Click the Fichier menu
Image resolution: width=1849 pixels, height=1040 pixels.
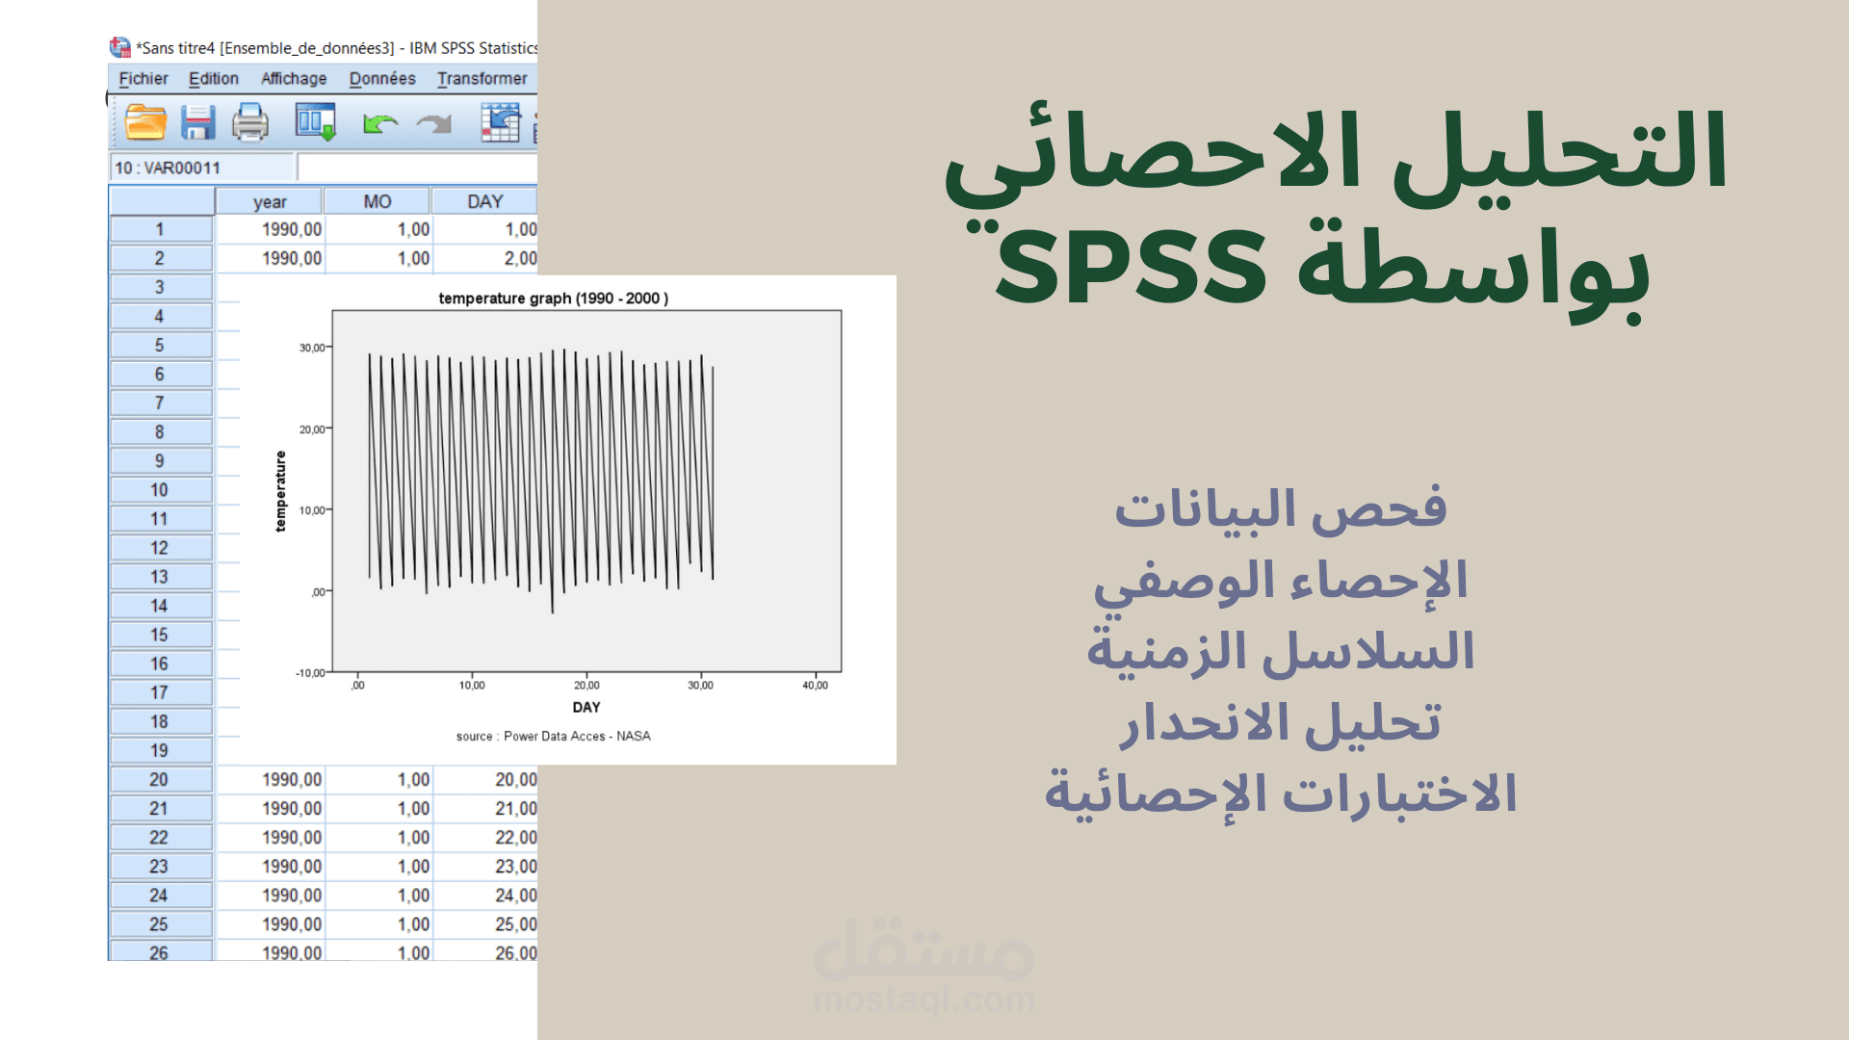tap(143, 79)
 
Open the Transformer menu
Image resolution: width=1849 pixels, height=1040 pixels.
tap(482, 79)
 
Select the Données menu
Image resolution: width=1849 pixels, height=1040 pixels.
tap(382, 79)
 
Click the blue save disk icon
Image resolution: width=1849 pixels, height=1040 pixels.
tap(198, 123)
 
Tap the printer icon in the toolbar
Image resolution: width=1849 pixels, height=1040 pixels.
tap(250, 123)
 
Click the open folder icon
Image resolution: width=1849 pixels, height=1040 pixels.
tap(145, 123)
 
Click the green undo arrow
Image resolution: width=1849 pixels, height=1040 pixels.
tap(380, 123)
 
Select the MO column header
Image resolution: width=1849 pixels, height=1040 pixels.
tap(377, 201)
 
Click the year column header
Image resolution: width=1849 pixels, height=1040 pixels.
tap(270, 201)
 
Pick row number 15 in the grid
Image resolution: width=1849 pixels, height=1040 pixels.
tap(160, 635)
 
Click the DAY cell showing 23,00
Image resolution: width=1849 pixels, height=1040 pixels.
tap(515, 867)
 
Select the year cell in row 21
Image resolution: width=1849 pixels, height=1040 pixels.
tap(291, 809)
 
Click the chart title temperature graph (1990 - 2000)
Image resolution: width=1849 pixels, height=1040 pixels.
tap(553, 299)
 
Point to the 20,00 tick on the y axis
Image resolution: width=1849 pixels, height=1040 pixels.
tap(312, 429)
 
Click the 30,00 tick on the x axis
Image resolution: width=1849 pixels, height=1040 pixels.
tap(700, 686)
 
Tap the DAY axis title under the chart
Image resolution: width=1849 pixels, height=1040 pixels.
tap(586, 708)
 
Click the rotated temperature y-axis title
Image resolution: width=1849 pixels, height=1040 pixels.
tap(280, 491)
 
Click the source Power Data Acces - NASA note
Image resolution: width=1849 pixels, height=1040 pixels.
tap(553, 737)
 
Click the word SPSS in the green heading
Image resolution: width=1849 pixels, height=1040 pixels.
tap(1131, 267)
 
